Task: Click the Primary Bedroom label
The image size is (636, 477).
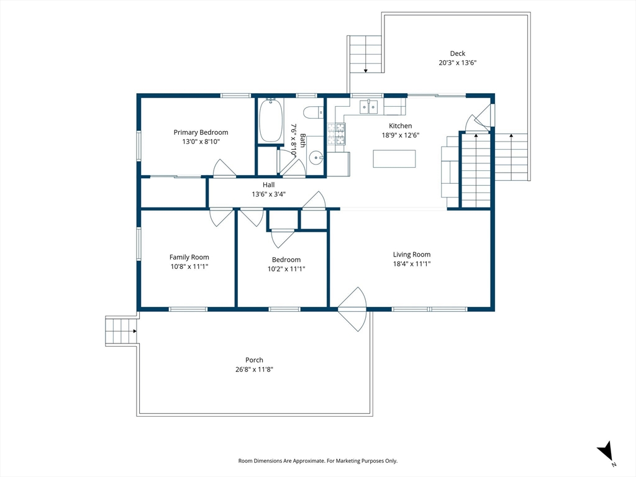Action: [201, 132]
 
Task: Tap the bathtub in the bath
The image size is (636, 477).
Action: [271, 120]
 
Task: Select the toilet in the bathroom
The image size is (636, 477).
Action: [313, 112]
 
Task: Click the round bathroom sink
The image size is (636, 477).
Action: [315, 158]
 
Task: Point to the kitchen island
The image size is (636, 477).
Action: [394, 158]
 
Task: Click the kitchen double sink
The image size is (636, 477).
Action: [369, 107]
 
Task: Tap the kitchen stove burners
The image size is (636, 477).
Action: [336, 134]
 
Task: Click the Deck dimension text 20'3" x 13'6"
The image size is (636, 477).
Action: [458, 63]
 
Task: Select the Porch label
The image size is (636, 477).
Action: [254, 360]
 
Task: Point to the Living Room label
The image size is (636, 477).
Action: [412, 255]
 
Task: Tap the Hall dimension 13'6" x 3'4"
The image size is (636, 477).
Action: [268, 194]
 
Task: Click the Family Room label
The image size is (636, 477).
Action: [189, 257]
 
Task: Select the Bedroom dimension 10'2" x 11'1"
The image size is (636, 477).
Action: [286, 269]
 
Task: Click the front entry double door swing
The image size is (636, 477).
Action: [353, 309]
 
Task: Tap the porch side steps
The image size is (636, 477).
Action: [121, 331]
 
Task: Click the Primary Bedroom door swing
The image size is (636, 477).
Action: [224, 168]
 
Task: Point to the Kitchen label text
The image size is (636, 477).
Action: [401, 126]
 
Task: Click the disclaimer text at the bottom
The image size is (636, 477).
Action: [317, 461]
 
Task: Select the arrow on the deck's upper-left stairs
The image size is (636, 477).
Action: [365, 71]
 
